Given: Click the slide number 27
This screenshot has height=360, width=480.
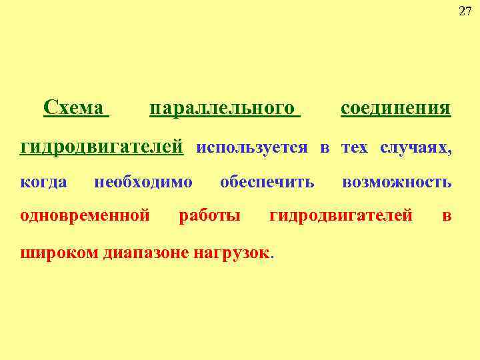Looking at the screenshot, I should [x=465, y=11].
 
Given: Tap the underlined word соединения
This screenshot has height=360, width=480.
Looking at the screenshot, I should [x=395, y=108].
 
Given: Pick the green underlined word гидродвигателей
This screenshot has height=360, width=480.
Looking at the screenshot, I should [x=102, y=147].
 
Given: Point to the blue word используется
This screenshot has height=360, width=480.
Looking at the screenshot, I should [x=252, y=147].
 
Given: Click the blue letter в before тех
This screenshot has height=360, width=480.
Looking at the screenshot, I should [x=325, y=147].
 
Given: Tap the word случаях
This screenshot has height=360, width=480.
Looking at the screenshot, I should [x=415, y=147].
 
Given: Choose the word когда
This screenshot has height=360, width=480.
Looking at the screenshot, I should [x=44, y=181].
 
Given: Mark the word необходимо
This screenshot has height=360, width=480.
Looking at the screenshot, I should [x=143, y=181].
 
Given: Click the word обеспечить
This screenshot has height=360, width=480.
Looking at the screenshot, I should [x=267, y=181].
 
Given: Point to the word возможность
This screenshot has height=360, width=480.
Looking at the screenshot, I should [x=396, y=181].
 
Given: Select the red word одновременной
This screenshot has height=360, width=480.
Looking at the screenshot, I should [x=84, y=215].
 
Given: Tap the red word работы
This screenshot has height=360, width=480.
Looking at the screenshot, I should [x=209, y=215].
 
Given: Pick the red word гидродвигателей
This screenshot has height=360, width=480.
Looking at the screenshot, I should [x=341, y=215].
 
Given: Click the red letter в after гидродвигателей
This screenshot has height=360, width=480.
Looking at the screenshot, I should [x=447, y=215].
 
